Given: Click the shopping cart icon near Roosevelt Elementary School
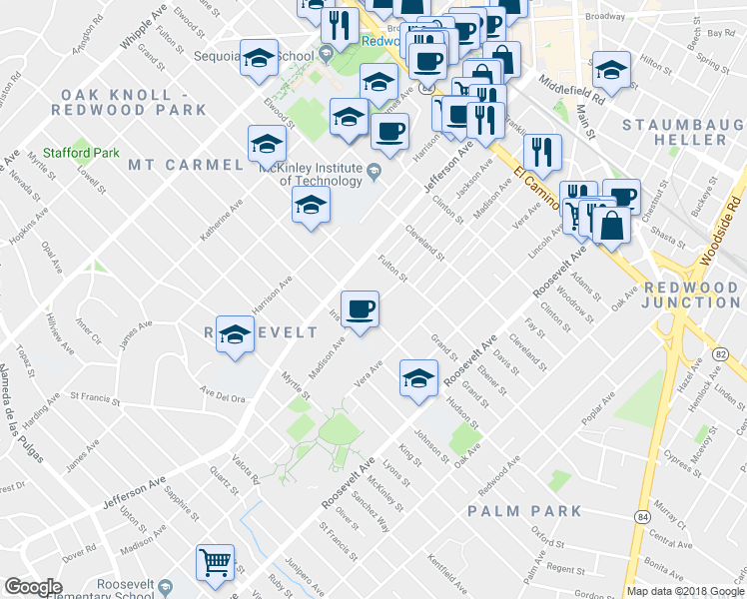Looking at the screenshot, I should (215, 563).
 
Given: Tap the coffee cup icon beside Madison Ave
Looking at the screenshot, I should (360, 306).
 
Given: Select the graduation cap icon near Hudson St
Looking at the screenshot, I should (418, 376).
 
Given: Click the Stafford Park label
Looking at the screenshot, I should (95, 153).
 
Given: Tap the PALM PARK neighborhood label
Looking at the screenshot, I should (524, 511).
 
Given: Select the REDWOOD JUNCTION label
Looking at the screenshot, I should (692, 295).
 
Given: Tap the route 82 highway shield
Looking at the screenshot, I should (720, 354).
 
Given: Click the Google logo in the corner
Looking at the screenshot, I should (34, 587).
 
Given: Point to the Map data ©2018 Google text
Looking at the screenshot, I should (684, 591).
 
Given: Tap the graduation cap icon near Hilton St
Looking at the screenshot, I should (611, 70).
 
